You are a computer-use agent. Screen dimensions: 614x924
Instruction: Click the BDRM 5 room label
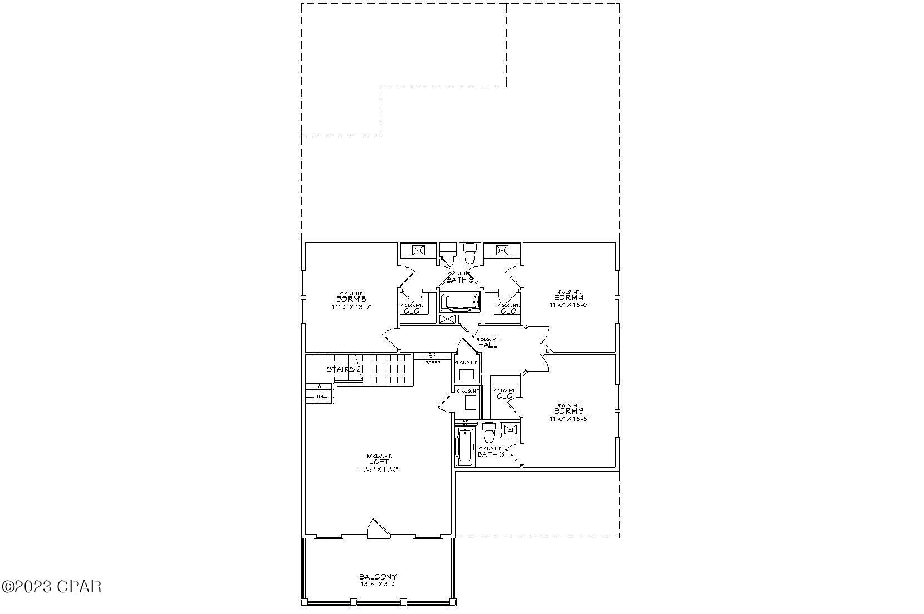tap(351, 299)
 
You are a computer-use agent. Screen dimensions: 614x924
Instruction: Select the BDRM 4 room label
tap(568, 298)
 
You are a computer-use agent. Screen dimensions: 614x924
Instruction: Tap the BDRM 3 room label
tap(568, 412)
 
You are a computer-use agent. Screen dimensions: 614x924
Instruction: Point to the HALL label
tap(488, 345)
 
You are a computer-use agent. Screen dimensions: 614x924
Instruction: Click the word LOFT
tap(379, 462)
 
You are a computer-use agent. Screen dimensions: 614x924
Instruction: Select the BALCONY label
tap(378, 577)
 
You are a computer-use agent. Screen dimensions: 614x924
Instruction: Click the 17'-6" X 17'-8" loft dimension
tap(379, 469)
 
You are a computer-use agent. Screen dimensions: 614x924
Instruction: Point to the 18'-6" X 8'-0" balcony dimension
tap(378, 585)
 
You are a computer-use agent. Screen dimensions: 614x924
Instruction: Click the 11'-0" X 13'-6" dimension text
tap(569, 419)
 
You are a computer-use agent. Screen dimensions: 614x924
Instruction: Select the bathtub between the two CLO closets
tap(460, 303)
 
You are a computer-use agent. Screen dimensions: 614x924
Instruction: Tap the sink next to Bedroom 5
tap(419, 251)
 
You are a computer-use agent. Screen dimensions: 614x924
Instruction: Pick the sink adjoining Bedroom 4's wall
tap(503, 251)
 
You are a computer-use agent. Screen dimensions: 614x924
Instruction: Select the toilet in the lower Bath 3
tap(489, 432)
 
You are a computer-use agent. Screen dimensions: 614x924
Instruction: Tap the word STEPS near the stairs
tap(432, 363)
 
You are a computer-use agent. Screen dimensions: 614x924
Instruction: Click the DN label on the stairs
tap(320, 397)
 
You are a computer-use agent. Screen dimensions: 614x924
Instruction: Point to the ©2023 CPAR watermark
tap(52, 586)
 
